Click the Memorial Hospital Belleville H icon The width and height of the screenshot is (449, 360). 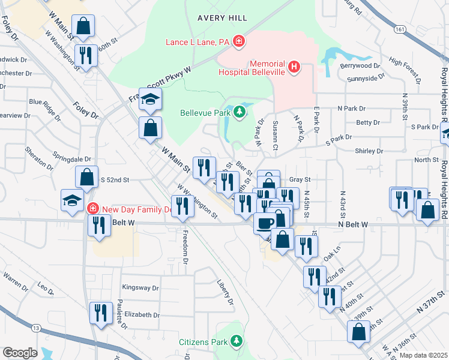coord(294,67)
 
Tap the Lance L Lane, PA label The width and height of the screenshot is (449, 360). coord(198,42)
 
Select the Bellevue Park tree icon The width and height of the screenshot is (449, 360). coord(240,112)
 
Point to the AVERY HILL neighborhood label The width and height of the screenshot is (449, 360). coord(222,18)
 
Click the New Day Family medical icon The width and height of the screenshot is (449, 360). coord(92,209)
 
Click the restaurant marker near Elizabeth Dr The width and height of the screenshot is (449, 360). coord(101,313)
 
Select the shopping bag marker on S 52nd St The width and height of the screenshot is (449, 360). coord(87,177)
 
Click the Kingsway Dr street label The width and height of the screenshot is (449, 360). coord(140,288)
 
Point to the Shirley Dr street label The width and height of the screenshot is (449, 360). coord(369,151)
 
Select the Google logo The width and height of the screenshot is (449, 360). coord(19,353)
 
